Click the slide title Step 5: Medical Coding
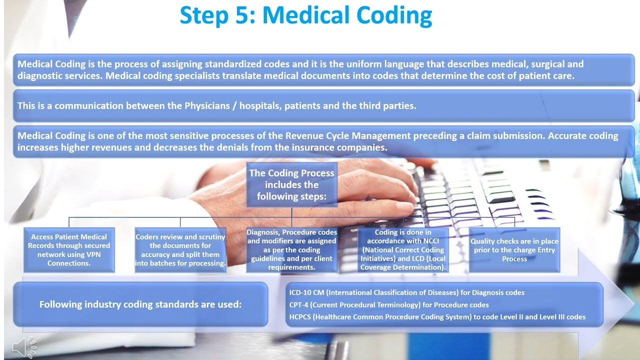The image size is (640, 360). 305,15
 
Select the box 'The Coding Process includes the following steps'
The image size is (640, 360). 291,184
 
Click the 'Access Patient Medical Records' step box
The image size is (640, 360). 69,250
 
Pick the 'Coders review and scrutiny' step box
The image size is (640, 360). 180,250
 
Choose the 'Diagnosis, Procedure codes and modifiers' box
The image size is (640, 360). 291,249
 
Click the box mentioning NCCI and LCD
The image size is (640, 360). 403,249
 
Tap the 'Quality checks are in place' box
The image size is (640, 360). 514,250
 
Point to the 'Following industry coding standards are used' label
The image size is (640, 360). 140,304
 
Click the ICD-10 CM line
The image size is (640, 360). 406,292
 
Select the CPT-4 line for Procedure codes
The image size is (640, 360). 388,304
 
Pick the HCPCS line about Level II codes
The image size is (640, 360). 437,316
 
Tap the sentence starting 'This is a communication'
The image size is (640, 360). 216,106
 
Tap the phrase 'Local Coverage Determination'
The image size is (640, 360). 402,263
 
